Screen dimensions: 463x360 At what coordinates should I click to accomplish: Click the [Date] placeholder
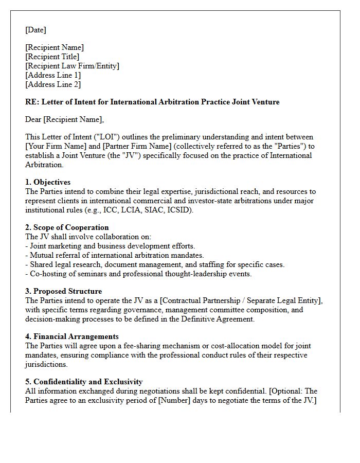click(35, 30)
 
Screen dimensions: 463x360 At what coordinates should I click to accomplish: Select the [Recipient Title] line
click(52, 57)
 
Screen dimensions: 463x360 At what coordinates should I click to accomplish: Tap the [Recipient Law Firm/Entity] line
click(72, 66)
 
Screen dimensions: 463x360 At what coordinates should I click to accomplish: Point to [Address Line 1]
click(53, 75)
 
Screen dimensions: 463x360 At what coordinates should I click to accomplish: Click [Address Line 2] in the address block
click(53, 84)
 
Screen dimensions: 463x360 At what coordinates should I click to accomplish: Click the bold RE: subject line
click(152, 102)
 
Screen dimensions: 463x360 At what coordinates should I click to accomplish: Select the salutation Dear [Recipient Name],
click(64, 119)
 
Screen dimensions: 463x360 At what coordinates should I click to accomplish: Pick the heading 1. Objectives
click(48, 182)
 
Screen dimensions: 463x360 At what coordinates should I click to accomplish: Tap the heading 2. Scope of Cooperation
click(67, 227)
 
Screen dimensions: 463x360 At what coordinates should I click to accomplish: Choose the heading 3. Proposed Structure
click(63, 291)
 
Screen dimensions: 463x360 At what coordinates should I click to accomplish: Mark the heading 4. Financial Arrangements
click(72, 336)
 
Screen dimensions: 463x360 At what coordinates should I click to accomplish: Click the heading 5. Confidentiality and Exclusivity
click(84, 382)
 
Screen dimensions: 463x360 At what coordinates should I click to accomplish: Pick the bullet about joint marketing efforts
click(110, 246)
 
